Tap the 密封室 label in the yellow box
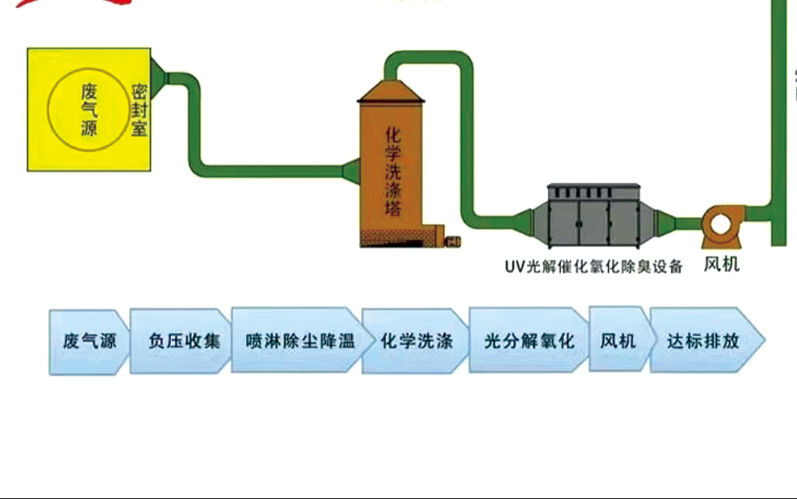click(139, 110)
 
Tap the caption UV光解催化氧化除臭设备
click(593, 267)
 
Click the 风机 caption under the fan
click(722, 265)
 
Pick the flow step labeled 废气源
click(89, 341)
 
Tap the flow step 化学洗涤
click(416, 340)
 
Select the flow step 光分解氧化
click(528, 340)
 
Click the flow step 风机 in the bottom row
click(619, 340)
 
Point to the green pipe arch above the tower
click(430, 58)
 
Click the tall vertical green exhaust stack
click(778, 117)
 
